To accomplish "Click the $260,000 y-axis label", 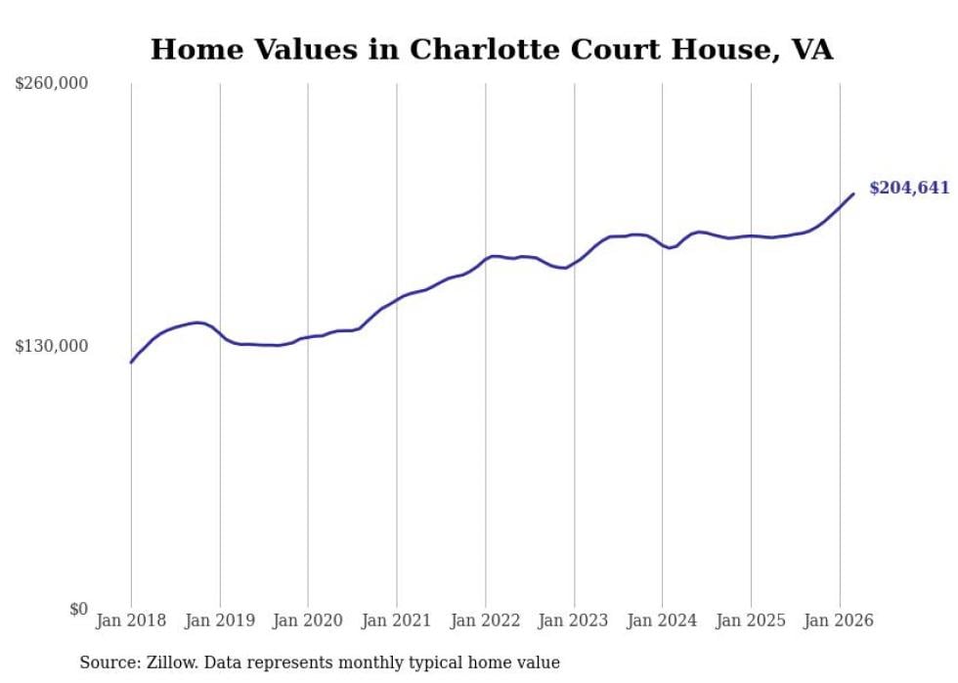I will pos(52,84).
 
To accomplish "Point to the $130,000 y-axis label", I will pos(52,346).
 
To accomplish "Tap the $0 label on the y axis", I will pos(78,609).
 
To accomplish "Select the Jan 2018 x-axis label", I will pos(131,620).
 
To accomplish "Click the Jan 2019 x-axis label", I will pos(220,620).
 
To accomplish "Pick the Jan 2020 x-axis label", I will pos(308,620).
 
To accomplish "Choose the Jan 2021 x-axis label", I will pos(397,620).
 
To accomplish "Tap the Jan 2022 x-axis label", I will pos(485,620).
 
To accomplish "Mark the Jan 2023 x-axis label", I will pos(574,620).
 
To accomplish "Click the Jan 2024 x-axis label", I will pos(662,620).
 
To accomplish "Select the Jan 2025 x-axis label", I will pos(751,620).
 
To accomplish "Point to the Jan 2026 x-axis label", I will pos(839,620).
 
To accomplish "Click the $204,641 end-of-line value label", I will pos(909,188).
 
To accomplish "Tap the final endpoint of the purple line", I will pos(853,193).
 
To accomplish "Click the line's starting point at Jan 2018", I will pos(131,363).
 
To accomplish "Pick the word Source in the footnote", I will pos(106,662).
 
